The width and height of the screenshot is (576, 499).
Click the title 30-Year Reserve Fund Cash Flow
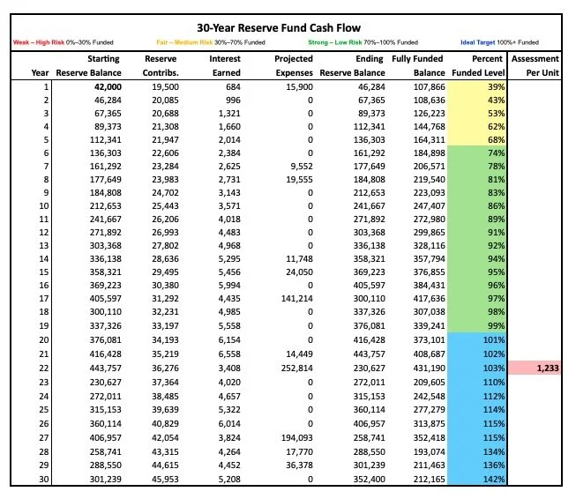pyautogui.click(x=288, y=28)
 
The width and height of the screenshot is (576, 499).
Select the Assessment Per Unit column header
pyautogui.click(x=535, y=65)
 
